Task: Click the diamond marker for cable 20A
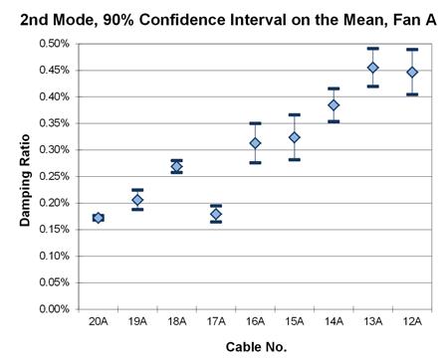point(98,218)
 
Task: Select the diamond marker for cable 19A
point(137,200)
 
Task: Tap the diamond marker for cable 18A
point(176,166)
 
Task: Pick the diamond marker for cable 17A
point(216,214)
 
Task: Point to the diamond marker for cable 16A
point(255,143)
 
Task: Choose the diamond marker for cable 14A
point(334,104)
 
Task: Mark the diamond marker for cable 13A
point(373,68)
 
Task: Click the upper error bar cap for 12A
point(412,49)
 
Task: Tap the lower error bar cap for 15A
point(295,159)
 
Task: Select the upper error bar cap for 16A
point(255,123)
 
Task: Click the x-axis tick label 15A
point(295,322)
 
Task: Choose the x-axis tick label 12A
point(412,322)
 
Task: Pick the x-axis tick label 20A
point(98,322)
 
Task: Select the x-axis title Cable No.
point(255,346)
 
